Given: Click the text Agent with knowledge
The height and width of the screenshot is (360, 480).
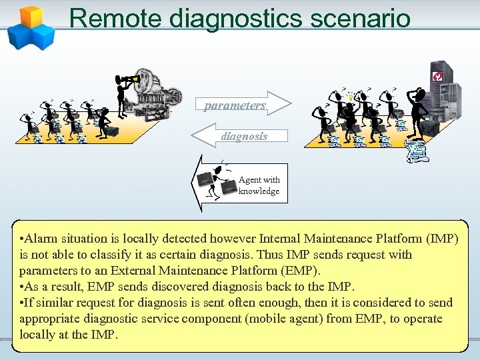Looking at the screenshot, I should coord(259,185).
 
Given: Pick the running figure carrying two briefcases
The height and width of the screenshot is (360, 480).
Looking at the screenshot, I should coord(213,180).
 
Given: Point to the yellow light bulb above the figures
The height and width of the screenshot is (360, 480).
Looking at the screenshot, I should coord(351,97).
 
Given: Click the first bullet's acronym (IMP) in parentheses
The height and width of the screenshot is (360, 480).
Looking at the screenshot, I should coord(446,239).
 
